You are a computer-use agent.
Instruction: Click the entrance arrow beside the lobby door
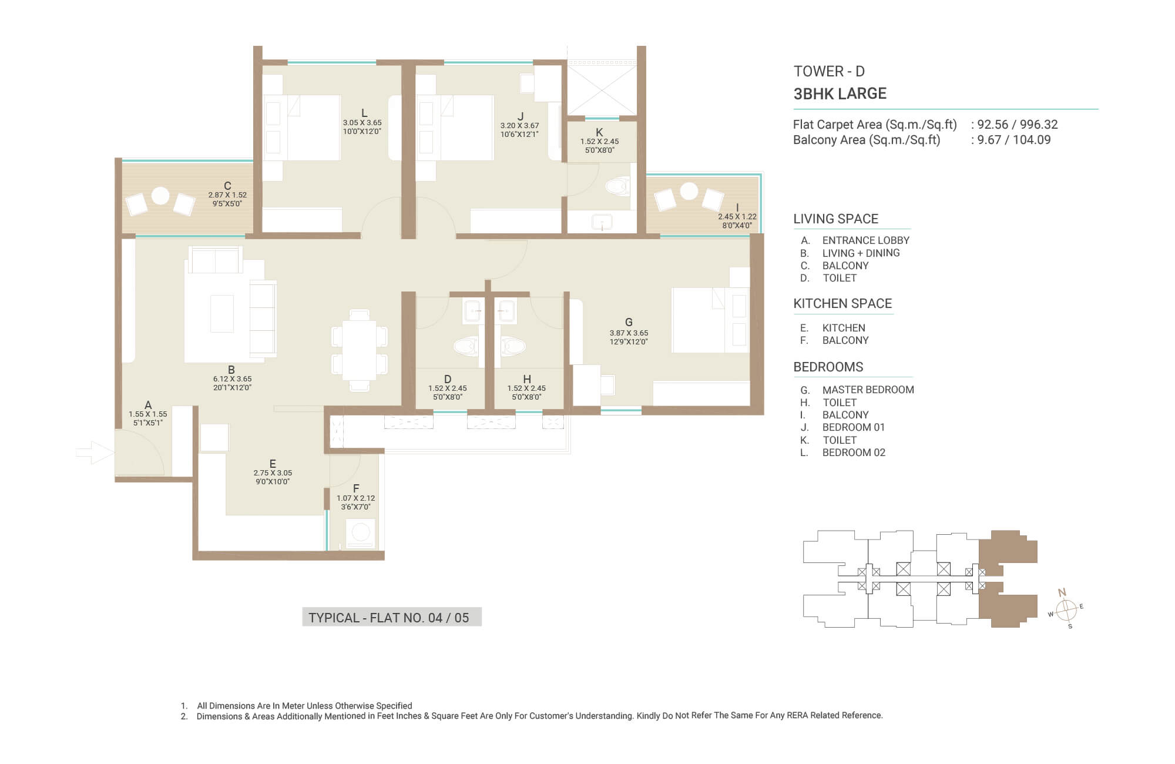pos(95,453)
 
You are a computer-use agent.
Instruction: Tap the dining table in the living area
pos(360,350)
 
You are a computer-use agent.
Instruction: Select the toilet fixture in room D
pos(466,346)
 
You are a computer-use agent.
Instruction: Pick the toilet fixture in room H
pos(513,346)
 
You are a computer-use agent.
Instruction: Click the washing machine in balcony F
pos(360,533)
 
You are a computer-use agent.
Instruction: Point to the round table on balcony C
pos(160,196)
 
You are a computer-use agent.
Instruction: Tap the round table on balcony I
pos(689,191)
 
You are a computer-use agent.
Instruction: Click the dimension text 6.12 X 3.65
pos(232,379)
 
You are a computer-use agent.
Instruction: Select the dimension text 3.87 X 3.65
pos(629,333)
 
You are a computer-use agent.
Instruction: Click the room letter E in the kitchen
pos(273,464)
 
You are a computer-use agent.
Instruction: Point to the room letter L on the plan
pos(364,113)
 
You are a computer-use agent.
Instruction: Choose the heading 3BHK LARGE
pos(840,93)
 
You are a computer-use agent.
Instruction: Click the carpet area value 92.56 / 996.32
pos(1018,125)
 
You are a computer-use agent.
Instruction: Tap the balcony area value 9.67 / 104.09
pos(1014,140)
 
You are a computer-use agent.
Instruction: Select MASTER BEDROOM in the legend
pos(868,390)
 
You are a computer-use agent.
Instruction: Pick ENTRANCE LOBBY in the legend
pos(866,240)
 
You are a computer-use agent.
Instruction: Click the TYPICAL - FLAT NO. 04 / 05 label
pos(389,618)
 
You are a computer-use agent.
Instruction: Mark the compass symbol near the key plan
pos(1066,609)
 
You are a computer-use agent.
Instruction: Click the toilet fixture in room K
pos(617,187)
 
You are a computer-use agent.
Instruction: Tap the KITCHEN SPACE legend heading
pos(842,303)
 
